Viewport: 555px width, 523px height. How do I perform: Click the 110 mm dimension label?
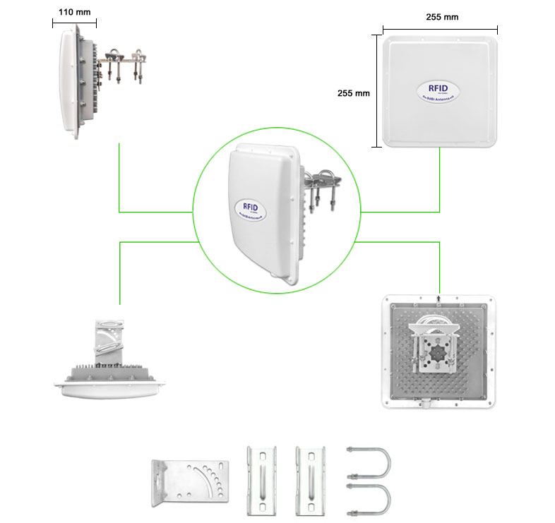(73, 11)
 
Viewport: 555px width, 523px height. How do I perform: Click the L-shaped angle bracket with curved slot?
(190, 481)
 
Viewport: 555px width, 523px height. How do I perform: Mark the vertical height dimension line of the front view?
(376, 92)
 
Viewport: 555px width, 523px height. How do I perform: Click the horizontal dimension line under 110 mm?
(73, 23)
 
